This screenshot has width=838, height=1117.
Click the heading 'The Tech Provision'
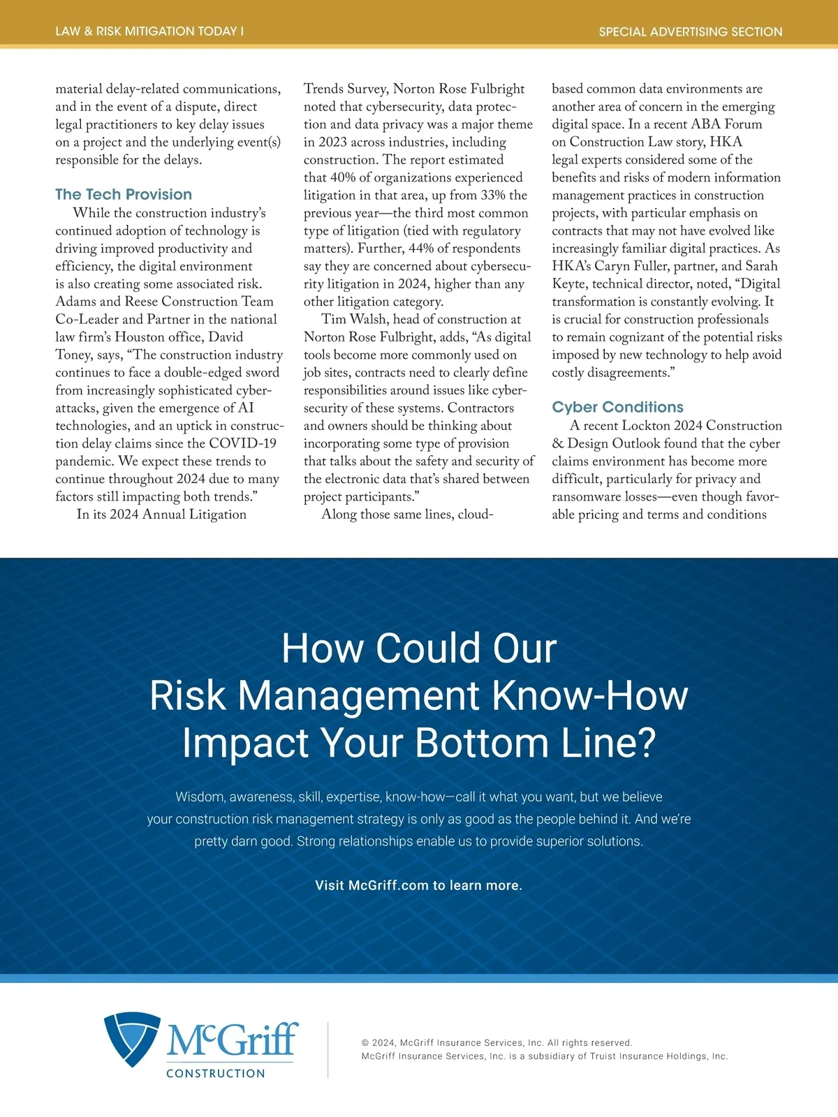[124, 195]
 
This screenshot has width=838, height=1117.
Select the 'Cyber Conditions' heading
[617, 407]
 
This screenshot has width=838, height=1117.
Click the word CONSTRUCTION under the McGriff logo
[216, 1073]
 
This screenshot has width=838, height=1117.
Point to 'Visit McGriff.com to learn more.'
[418, 885]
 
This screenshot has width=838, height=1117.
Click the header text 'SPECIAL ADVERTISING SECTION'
[690, 31]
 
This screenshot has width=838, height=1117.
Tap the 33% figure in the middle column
[493, 195]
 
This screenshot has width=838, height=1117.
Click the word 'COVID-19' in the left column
[243, 443]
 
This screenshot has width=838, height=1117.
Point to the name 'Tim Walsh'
[353, 319]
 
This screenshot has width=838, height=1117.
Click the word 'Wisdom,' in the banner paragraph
[200, 797]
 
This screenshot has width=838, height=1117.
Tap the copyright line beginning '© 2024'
[497, 1042]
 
